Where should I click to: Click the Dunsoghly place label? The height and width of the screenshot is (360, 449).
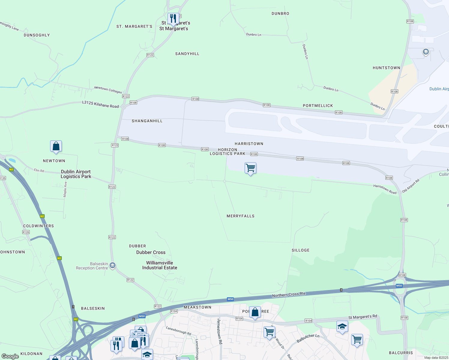[37, 35]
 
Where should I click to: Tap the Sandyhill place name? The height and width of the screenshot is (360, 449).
[187, 54]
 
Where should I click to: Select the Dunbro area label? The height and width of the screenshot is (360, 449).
[280, 13]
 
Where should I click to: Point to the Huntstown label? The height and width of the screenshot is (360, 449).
[386, 68]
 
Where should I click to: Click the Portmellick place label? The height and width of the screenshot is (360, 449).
[318, 106]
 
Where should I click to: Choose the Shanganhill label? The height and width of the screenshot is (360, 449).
[147, 121]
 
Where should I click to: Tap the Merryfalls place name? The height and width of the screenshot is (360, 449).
[240, 216]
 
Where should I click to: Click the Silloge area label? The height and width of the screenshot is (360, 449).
[300, 250]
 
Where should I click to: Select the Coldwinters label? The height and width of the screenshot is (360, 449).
[38, 226]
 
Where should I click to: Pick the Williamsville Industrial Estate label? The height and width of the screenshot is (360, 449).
[160, 265]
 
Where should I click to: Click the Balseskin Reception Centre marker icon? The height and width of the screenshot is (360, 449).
[113, 265]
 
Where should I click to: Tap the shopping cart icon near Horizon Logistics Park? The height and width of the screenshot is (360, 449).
[250, 168]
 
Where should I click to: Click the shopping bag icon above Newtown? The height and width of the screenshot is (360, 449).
[56, 146]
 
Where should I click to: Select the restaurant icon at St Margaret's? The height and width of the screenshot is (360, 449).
[173, 19]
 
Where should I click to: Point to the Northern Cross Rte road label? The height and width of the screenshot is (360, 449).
[288, 295]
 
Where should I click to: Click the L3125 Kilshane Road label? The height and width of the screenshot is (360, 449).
[101, 104]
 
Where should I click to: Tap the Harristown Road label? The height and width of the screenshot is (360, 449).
[385, 189]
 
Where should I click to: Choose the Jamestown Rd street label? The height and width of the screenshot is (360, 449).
[220, 331]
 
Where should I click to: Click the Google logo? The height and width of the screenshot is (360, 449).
[10, 356]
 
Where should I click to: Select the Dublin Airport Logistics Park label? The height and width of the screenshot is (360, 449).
[76, 174]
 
